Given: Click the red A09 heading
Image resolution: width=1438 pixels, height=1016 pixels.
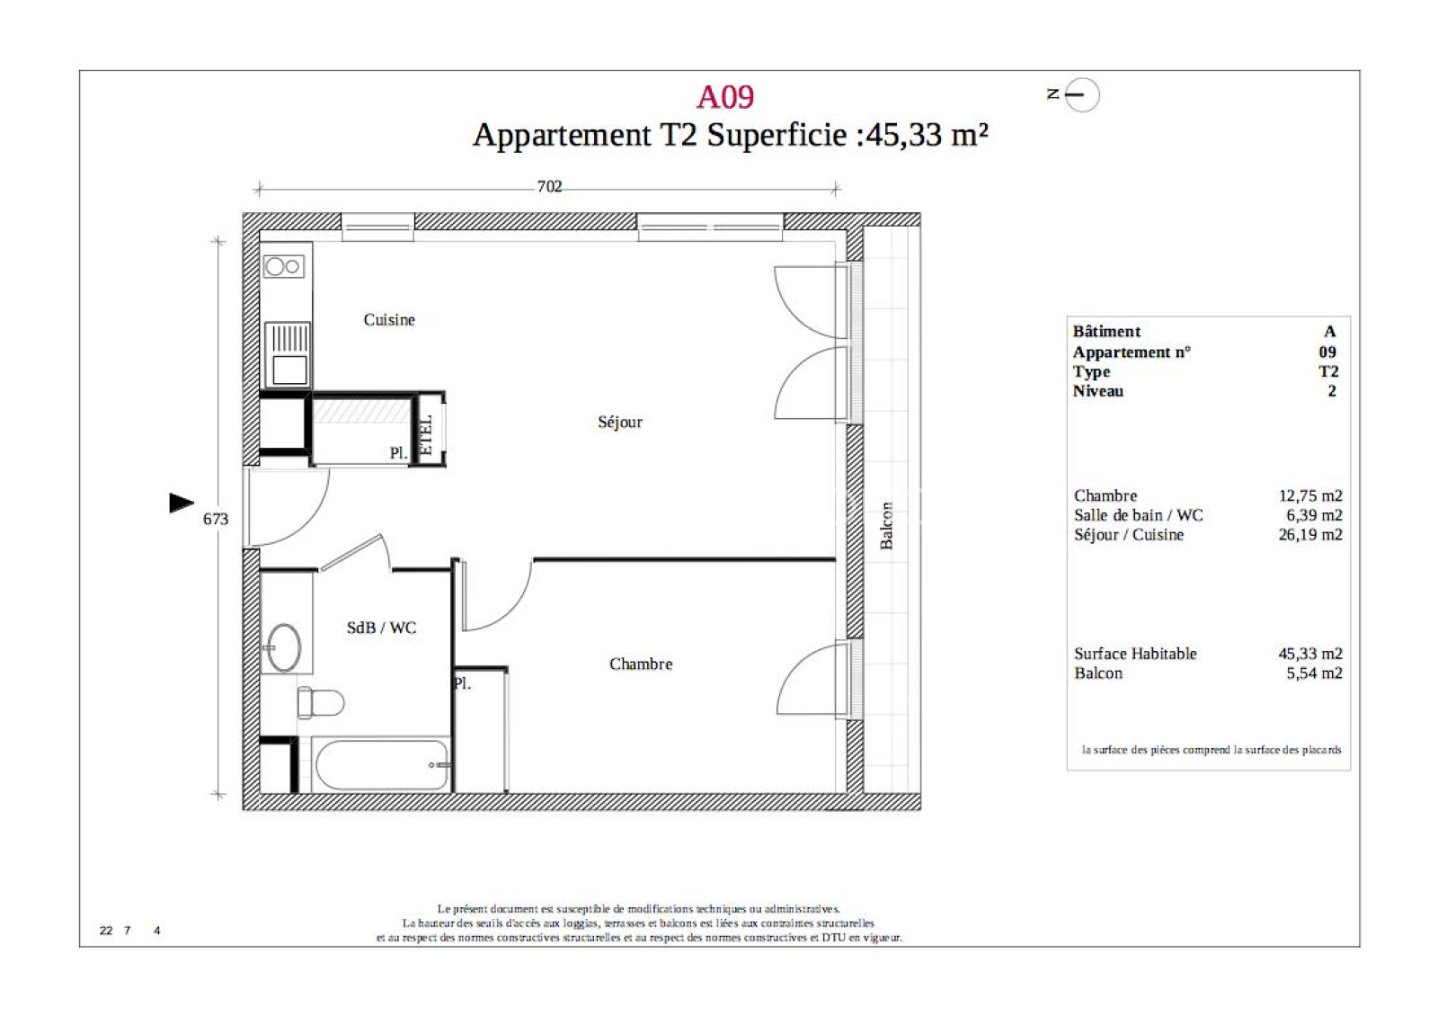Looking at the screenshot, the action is click(x=724, y=97).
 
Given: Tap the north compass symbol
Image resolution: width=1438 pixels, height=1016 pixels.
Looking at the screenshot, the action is click(x=1081, y=94).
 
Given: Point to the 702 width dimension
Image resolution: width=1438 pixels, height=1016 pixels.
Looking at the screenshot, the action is click(x=549, y=186).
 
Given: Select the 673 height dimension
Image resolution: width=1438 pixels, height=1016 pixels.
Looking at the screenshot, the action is click(x=216, y=519).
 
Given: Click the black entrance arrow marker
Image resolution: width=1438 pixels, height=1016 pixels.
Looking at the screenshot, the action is click(x=182, y=503).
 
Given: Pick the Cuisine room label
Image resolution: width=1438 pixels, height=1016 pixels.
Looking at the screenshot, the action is click(x=389, y=320).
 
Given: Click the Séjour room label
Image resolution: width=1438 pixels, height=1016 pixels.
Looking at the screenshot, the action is click(x=620, y=422).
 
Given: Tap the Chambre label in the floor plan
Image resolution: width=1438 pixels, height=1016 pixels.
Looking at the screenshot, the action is click(x=641, y=664).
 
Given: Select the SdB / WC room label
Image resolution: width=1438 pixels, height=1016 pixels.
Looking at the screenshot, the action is click(x=381, y=628).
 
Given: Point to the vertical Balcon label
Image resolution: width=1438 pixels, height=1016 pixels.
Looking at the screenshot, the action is click(x=886, y=525).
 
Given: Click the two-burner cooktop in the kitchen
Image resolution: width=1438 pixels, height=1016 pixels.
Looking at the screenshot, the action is click(x=283, y=266).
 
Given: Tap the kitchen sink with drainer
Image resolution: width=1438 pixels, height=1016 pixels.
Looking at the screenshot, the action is click(x=288, y=354).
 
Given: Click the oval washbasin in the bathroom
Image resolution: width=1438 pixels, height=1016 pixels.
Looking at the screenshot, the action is click(x=282, y=647).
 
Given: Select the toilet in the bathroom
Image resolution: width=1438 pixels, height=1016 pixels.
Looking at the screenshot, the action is click(x=321, y=702).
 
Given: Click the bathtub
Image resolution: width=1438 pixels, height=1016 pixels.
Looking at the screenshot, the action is click(x=381, y=765).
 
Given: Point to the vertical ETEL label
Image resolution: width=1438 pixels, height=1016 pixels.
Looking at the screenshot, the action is click(x=426, y=435).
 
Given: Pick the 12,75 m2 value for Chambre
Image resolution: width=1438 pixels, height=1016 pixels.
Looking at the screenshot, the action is click(x=1310, y=495).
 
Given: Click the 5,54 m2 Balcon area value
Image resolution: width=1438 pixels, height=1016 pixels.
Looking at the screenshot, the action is click(x=1314, y=673).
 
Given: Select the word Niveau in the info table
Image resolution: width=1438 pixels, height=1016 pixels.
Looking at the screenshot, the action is click(x=1098, y=391).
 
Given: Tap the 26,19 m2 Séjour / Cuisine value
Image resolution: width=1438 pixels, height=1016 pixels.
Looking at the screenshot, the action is click(x=1310, y=534).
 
